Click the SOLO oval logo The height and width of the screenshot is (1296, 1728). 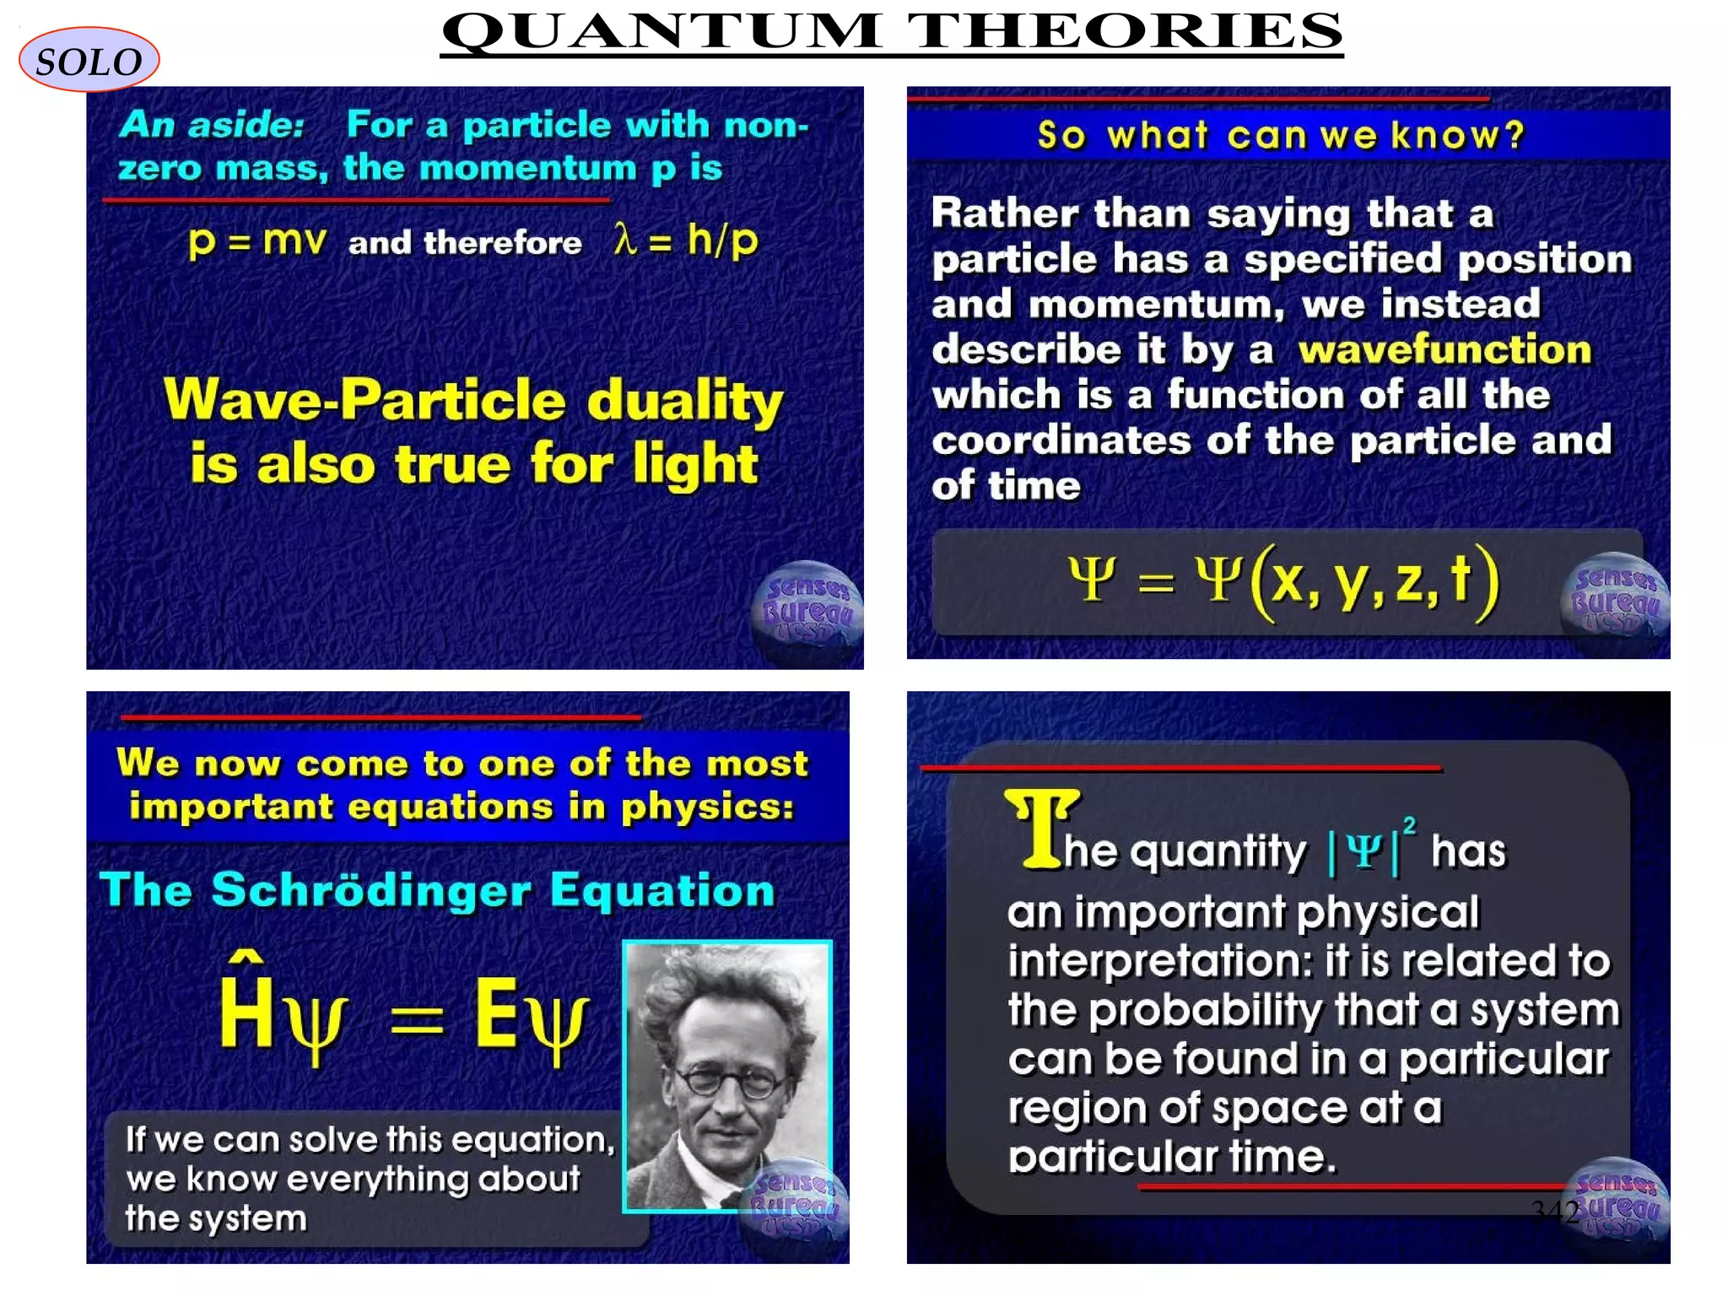tap(89, 60)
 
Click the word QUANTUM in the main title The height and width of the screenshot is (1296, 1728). tap(662, 31)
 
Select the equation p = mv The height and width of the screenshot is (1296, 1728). tap(256, 241)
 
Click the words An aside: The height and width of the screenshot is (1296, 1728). tap(212, 125)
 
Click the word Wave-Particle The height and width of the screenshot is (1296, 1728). tap(364, 400)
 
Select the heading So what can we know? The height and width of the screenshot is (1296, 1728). tap(1281, 135)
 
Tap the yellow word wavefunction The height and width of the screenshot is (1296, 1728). tap(1444, 349)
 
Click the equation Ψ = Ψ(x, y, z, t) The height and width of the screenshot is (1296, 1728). tap(1282, 580)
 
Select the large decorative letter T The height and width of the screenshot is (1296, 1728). tap(1041, 829)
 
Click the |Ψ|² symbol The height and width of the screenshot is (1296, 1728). tap(1371, 849)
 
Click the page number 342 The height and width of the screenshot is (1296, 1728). tap(1555, 1212)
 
